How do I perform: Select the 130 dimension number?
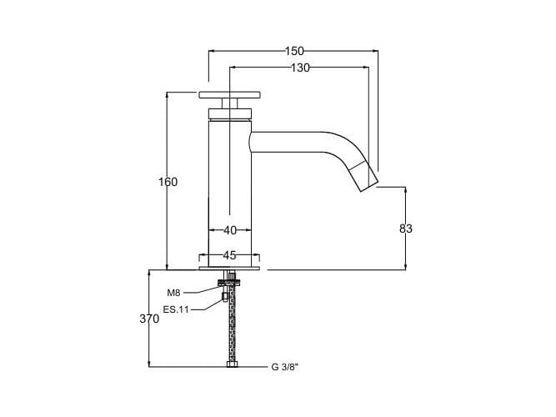(300, 68)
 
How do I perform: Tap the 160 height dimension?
(169, 182)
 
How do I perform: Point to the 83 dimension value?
(406, 228)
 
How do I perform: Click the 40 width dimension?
(229, 229)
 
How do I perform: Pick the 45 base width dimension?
(229, 255)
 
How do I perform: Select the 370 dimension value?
(149, 319)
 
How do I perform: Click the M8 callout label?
(173, 293)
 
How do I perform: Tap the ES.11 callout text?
(176, 309)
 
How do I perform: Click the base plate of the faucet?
(229, 269)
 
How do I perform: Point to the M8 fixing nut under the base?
(225, 292)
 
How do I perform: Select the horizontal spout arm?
(292, 142)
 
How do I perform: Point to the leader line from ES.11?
(204, 309)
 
